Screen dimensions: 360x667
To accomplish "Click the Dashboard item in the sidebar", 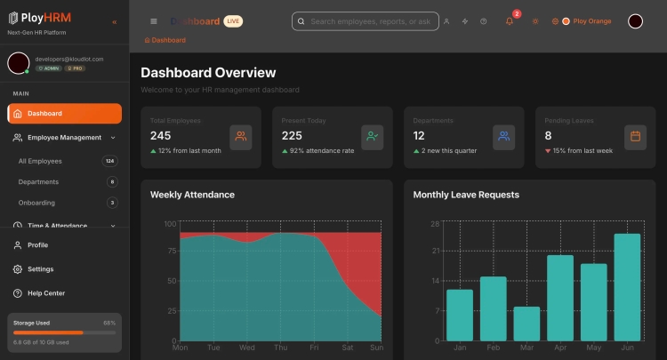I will (x=64, y=114).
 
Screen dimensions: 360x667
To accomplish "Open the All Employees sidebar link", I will (x=40, y=161).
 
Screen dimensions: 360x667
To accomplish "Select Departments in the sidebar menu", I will (x=38, y=182).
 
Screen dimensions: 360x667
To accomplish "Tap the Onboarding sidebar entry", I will (x=37, y=203).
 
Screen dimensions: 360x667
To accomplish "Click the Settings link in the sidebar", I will (x=40, y=269).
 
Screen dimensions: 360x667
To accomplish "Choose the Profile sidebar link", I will (x=37, y=245).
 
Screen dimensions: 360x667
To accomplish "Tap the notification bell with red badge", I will (x=510, y=20).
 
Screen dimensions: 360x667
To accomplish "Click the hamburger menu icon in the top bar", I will (x=154, y=20).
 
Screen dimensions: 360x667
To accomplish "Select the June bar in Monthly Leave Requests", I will (x=627, y=286).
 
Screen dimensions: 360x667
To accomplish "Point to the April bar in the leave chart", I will (x=559, y=297).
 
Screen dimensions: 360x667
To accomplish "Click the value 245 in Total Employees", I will (x=161, y=136).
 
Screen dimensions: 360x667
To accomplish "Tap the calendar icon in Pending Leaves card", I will (x=635, y=136).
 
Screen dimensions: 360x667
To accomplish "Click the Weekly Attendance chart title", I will (x=192, y=195).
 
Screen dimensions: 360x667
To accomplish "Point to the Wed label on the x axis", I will (x=247, y=348).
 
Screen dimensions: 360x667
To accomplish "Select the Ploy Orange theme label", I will (x=592, y=20).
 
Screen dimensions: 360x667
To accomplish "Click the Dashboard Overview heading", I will (x=208, y=73).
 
